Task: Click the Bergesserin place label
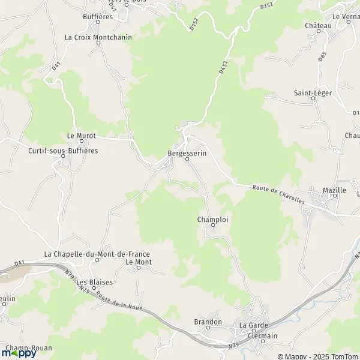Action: click(x=187, y=154)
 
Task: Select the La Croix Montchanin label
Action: click(x=98, y=37)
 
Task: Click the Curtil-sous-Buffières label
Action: click(x=63, y=151)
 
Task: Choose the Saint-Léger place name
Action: click(x=313, y=93)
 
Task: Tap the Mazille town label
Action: click(x=334, y=191)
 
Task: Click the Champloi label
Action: click(x=213, y=220)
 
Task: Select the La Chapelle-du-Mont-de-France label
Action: click(x=97, y=254)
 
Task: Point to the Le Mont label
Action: click(x=138, y=262)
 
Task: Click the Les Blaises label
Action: click(x=94, y=282)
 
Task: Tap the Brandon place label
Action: click(x=208, y=322)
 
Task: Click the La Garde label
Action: click(x=252, y=325)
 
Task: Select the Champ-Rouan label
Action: click(x=29, y=348)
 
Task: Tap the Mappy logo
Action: click(x=19, y=352)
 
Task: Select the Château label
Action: click(x=318, y=26)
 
